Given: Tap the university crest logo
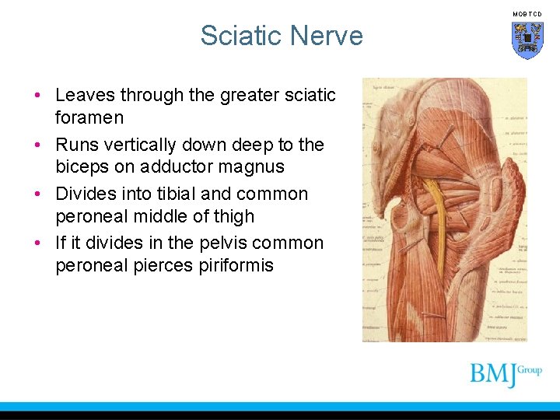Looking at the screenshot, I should [527, 40].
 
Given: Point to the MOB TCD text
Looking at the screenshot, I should [527, 14].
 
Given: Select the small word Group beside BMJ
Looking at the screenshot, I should [530, 370].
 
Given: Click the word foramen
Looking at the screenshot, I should [89, 117].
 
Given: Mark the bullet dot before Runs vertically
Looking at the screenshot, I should [37, 145].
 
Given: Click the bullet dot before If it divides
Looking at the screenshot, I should [37, 243].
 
